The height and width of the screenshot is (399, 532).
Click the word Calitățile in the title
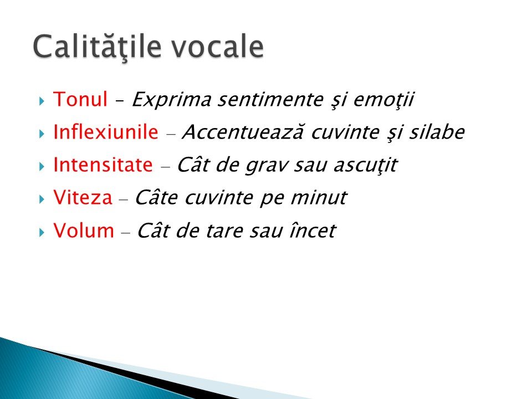click(97, 47)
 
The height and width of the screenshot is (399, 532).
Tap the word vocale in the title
click(217, 46)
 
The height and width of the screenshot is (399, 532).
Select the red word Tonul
click(80, 99)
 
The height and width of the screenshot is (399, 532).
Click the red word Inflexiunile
click(106, 132)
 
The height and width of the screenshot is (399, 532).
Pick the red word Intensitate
click(103, 165)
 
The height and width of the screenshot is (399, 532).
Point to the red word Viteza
click(83, 197)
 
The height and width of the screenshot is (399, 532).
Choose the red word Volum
click(84, 230)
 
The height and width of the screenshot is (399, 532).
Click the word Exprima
click(171, 100)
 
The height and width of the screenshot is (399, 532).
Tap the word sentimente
click(270, 100)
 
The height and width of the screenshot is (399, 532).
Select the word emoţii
click(383, 100)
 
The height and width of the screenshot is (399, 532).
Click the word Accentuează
click(243, 132)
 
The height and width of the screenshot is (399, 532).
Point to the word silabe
click(437, 132)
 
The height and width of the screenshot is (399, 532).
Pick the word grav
click(267, 166)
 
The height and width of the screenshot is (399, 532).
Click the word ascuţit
click(365, 166)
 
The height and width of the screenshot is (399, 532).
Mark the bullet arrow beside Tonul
click(42, 101)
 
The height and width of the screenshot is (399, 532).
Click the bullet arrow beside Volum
click(42, 232)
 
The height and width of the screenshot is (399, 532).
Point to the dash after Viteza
click(124, 200)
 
